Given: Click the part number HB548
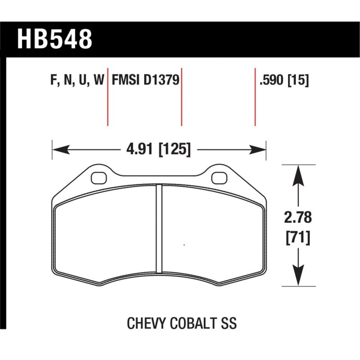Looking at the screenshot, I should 54,39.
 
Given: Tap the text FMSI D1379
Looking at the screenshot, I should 145,81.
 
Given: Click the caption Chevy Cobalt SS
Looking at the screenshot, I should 182,323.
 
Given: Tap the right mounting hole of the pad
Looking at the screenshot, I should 219,178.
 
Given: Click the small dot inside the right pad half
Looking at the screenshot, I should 184,245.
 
